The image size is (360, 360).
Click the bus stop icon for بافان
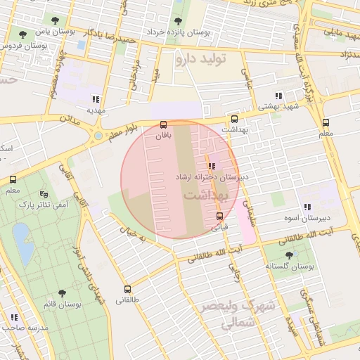pyautogui.click(x=164, y=123)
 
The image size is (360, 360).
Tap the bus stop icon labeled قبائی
pyautogui.click(x=220, y=216)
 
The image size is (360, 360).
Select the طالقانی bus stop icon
pyautogui.click(x=127, y=289)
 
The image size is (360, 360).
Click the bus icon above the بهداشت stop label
pyautogui.click(x=234, y=120)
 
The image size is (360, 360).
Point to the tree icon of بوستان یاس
pyautogui.click(x=23, y=33)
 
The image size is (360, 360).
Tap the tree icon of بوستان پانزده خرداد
pyautogui.click(x=176, y=20)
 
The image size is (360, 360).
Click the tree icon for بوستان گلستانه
pyautogui.click(x=290, y=256)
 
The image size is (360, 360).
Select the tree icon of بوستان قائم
pyautogui.click(x=62, y=292)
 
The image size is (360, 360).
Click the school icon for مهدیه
pyautogui.click(x=96, y=99)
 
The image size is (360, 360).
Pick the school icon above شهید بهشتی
pyautogui.click(x=278, y=96)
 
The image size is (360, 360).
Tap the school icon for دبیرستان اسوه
pyautogui.click(x=307, y=207)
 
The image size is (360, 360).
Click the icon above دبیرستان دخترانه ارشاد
pyautogui.click(x=212, y=167)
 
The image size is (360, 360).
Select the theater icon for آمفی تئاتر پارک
pyautogui.click(x=44, y=194)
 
